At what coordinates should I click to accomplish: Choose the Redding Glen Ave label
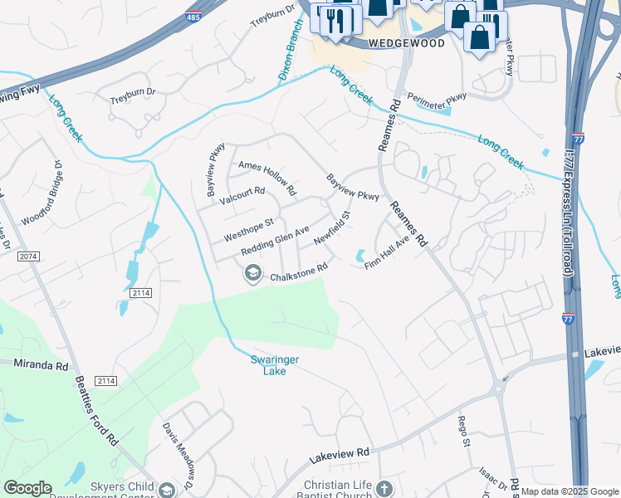point(275,240)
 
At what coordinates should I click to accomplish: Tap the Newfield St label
point(333,227)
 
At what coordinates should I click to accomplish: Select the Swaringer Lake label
point(269,365)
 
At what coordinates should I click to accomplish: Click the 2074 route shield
point(27,256)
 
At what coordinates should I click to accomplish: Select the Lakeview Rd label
point(339,454)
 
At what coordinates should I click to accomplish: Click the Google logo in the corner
point(28,487)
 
